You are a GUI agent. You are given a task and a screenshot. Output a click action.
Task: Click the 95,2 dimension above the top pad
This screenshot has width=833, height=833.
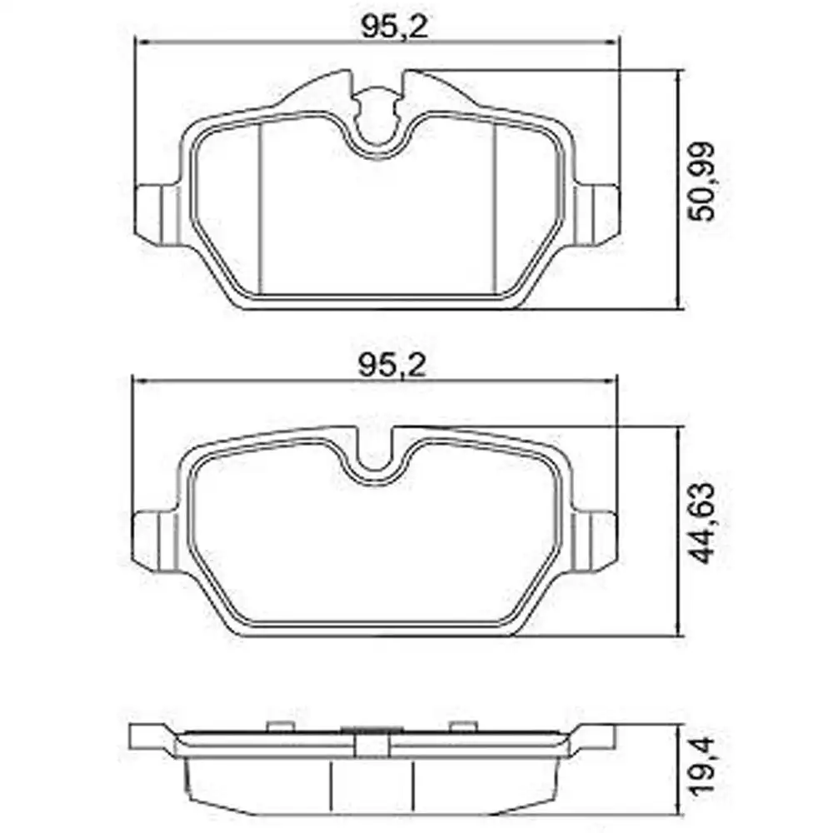(393, 27)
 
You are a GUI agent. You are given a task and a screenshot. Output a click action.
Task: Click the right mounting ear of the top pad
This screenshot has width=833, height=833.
(598, 214)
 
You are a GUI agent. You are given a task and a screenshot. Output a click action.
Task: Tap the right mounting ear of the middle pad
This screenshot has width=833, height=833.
(598, 541)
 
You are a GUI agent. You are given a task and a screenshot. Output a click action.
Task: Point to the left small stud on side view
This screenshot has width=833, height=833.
(275, 727)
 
